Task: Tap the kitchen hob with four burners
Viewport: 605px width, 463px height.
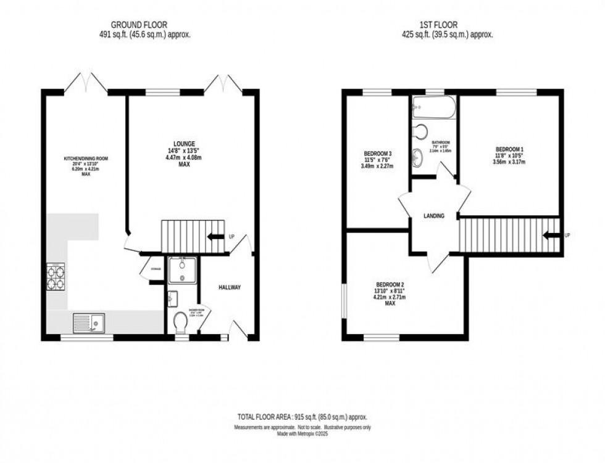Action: point(56,276)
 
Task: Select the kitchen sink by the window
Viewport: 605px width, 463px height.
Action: point(88,322)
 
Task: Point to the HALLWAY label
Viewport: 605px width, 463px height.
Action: point(229,287)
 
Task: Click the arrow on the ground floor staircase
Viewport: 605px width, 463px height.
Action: point(216,236)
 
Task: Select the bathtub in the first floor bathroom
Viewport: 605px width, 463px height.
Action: point(434,107)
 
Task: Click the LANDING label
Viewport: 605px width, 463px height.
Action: point(433,216)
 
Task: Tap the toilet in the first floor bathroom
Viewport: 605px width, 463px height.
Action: point(420,131)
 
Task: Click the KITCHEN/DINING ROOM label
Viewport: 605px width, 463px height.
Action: point(86,158)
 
